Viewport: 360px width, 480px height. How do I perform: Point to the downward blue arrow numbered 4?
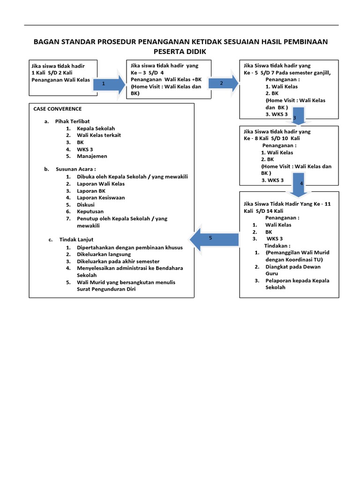pyautogui.click(x=298, y=183)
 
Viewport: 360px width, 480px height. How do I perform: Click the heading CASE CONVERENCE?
pyautogui.click(x=57, y=109)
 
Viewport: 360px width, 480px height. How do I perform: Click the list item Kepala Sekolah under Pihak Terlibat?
pyautogui.click(x=96, y=128)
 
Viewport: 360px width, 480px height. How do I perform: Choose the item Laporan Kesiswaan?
pyautogui.click(x=101, y=198)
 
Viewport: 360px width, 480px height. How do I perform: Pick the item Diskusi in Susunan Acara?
pyautogui.click(x=86, y=205)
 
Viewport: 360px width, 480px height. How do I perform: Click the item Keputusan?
pyautogui.click(x=90, y=211)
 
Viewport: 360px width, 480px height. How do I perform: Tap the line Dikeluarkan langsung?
pyautogui.click(x=104, y=254)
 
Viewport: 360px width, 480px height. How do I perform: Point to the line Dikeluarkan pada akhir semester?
pyautogui.click(x=118, y=261)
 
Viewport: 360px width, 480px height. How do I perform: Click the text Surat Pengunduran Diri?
pyautogui.click(x=106, y=289)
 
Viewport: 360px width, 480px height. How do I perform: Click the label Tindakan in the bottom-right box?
pyautogui.click(x=277, y=246)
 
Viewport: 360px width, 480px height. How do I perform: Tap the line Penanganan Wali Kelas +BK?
pyautogui.click(x=166, y=80)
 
